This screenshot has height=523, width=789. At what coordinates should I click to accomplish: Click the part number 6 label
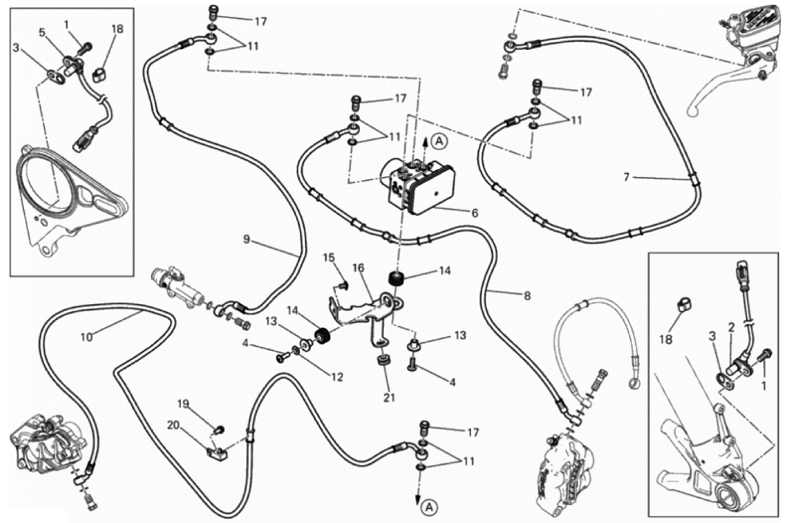pos(474,214)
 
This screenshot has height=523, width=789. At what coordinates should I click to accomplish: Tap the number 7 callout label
pos(626,178)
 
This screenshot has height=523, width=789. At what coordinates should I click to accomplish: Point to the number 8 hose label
pos(527,296)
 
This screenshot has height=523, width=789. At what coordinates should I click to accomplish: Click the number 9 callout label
pos(246,240)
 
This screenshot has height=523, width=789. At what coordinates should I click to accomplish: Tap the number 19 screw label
pos(184,403)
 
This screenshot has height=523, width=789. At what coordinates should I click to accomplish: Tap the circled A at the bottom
pos(429,508)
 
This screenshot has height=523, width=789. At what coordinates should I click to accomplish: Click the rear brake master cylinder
pos(176,287)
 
